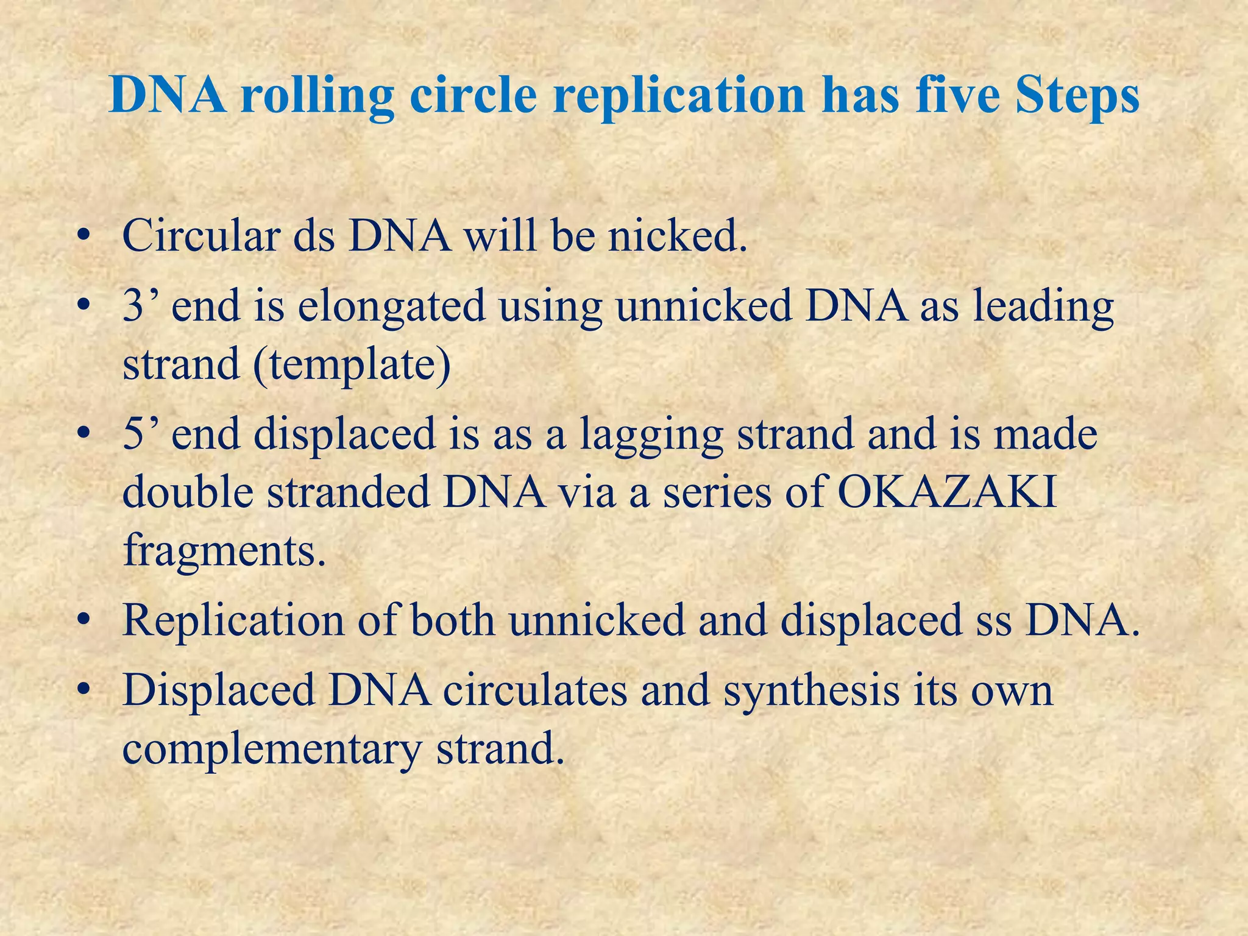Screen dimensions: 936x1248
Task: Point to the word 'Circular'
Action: point(200,236)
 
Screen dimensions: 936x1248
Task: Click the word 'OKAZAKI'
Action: point(947,492)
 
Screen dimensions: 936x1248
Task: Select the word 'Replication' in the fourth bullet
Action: point(233,621)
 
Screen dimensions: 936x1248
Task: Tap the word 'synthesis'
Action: point(811,692)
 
